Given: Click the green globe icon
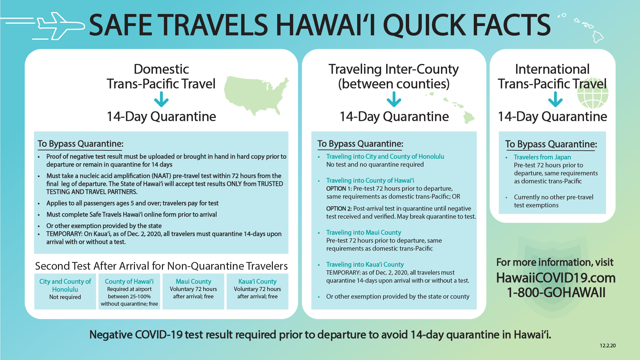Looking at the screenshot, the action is coord(593,95).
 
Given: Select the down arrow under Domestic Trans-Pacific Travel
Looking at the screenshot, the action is coord(161,99).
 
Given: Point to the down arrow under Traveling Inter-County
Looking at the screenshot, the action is coord(394,99).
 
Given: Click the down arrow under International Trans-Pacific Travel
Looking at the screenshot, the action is coord(555,99).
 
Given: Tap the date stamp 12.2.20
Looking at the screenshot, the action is coord(608,346).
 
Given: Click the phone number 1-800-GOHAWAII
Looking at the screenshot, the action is coord(556,293).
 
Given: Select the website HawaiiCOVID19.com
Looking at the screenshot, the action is coord(556,278).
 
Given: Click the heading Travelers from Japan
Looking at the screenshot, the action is coord(542,157).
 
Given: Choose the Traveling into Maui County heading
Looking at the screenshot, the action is coord(363,232).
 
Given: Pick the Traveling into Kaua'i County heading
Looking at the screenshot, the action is coord(365,264).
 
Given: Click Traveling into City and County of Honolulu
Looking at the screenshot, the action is coord(385,156).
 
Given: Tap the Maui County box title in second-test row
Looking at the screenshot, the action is coord(194,281).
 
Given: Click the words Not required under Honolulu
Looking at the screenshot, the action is coord(65,297).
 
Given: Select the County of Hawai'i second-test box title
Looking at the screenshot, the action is coord(129,281).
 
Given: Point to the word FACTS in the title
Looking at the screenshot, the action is coord(511,25).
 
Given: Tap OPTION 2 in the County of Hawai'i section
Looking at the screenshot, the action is coord(339,209).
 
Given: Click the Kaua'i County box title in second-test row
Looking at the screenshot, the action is coord(258,281).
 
